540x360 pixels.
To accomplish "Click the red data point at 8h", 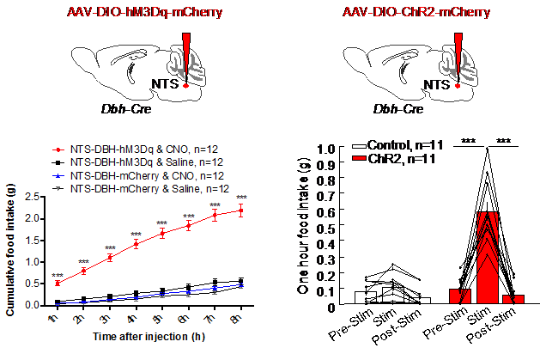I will pyautogui.click(x=241, y=211).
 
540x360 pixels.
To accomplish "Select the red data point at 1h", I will pyautogui.click(x=58, y=283).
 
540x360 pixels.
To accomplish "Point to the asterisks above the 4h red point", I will pyautogui.click(x=136, y=235).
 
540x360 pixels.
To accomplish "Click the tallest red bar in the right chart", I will pyautogui.click(x=487, y=257).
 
